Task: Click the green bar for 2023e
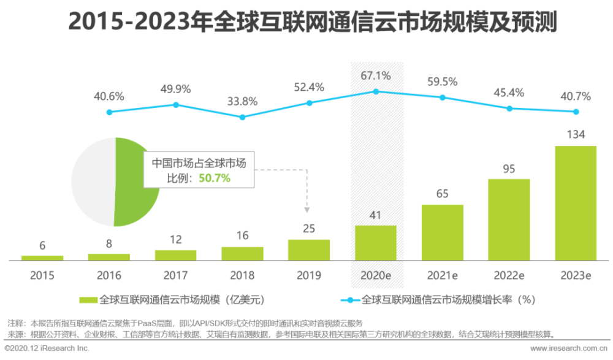pyautogui.click(x=575, y=202)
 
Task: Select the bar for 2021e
pyautogui.click(x=442, y=232)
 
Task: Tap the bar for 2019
pyautogui.click(x=309, y=249)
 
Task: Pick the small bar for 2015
pyautogui.click(x=42, y=257)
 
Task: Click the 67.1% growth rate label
pyautogui.click(x=376, y=75)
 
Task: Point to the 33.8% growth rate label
pyautogui.click(x=243, y=101)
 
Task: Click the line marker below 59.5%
pyautogui.click(x=443, y=98)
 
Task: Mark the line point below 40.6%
pyautogui.click(x=109, y=112)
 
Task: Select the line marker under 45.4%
pyautogui.click(x=509, y=108)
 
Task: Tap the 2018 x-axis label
pyautogui.click(x=242, y=275)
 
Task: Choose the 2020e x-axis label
pyautogui.click(x=376, y=275)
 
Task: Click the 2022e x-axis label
pyautogui.click(x=509, y=275)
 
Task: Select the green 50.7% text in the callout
pyautogui.click(x=218, y=178)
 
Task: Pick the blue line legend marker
pyautogui.click(x=349, y=300)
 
